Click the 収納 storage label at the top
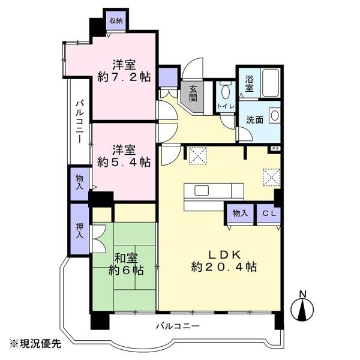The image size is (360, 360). (116, 21)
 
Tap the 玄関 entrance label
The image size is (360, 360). (193, 94)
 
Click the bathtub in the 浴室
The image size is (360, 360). (271, 83)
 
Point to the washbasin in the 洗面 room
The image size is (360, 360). (274, 115)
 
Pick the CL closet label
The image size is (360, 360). (269, 214)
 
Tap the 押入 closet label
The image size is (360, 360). (79, 230)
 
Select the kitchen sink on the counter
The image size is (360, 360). (202, 191)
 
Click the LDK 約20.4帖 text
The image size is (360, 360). (224, 261)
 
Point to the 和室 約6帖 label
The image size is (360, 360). (126, 265)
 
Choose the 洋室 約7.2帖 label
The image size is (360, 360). (124, 71)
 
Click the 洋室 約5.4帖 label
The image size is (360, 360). (124, 156)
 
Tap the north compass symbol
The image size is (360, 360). (302, 306)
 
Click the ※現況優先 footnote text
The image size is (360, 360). (35, 344)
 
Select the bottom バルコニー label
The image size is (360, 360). (178, 326)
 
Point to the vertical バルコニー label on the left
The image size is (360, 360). (79, 122)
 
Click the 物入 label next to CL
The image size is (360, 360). (240, 214)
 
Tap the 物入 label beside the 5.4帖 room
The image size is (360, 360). (79, 182)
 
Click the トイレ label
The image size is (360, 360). (226, 106)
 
